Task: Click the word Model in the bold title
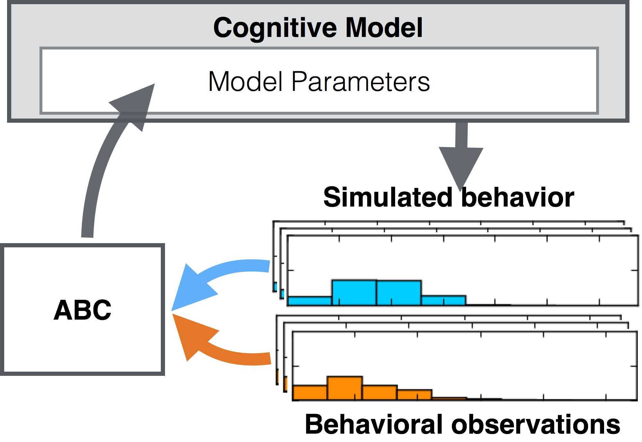click(384, 28)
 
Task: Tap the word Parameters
click(360, 82)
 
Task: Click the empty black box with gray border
click(82, 309)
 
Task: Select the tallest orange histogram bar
click(345, 388)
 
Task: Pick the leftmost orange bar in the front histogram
click(310, 393)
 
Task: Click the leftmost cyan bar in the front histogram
click(310, 301)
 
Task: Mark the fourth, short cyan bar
click(443, 300)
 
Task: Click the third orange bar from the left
click(380, 392)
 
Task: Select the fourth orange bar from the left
click(415, 394)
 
